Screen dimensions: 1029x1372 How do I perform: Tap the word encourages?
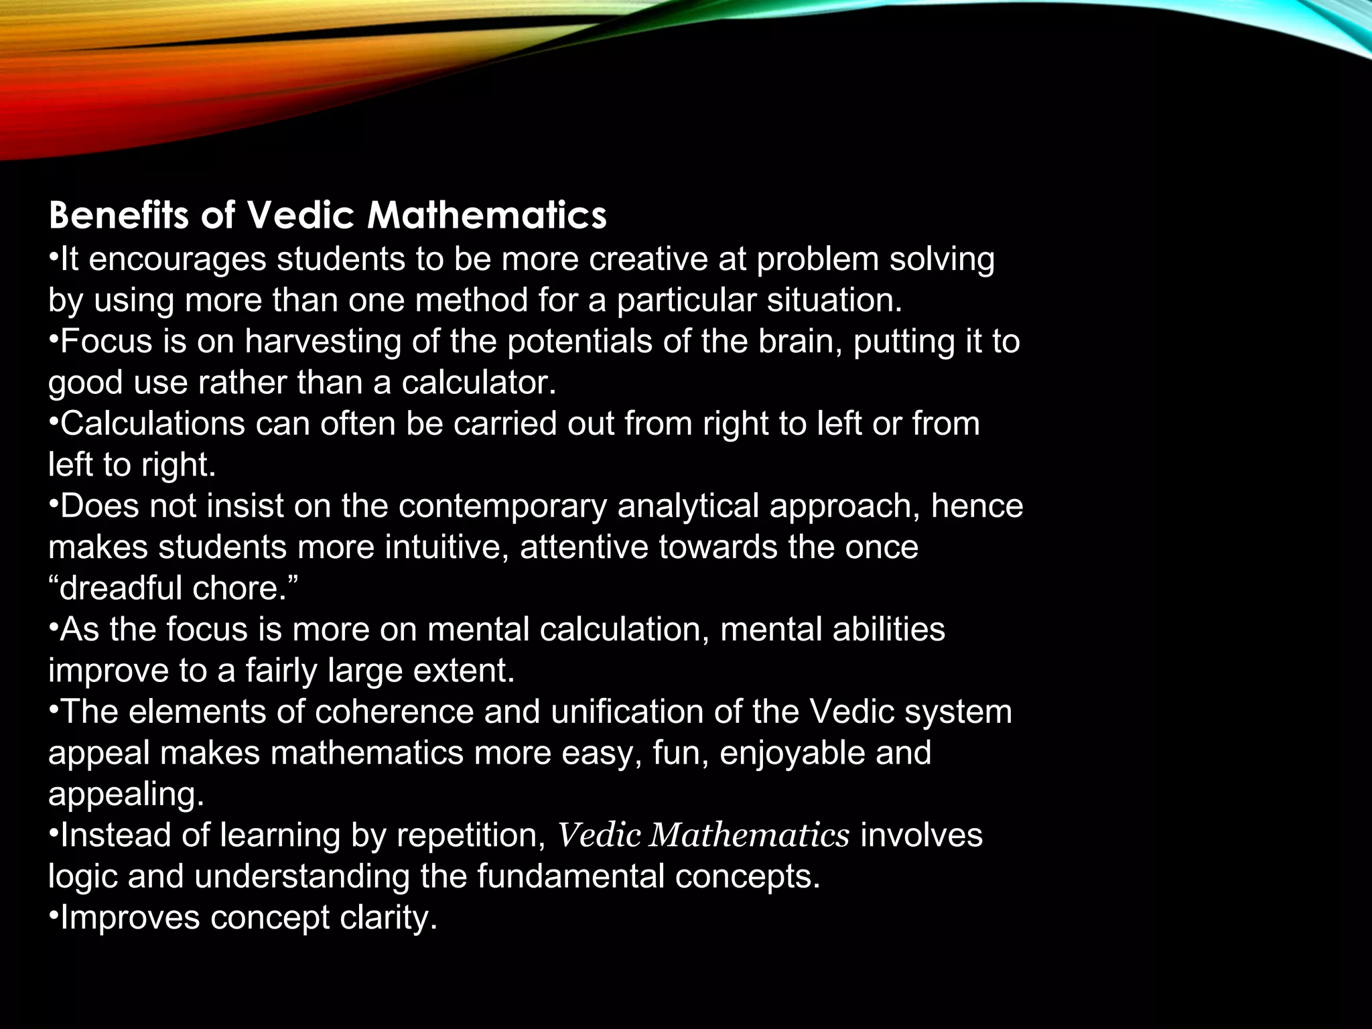[x=178, y=259]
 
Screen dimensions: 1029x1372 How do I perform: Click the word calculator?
[x=478, y=383]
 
